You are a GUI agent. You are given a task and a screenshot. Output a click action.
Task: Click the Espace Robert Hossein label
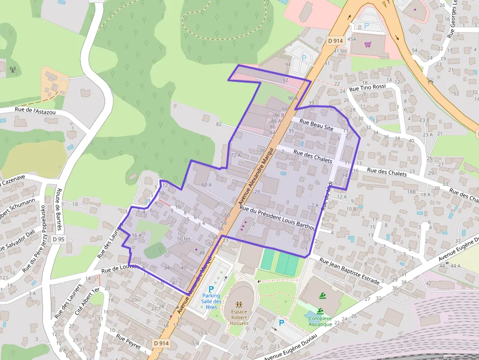pyautogui.click(x=239, y=317)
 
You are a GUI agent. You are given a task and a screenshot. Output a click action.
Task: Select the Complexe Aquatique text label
pyautogui.click(x=320, y=321)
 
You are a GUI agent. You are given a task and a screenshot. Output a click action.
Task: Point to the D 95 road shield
pyautogui.click(x=59, y=239)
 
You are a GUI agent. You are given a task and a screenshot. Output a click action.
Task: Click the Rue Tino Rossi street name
pyautogui.click(x=368, y=87)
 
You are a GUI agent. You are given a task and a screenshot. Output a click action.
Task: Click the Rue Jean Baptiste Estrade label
pyautogui.click(x=349, y=271)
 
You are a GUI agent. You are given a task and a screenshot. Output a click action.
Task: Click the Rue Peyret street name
pyautogui.click(x=128, y=341)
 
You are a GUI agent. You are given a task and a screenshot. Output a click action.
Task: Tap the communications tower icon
pyautogui.click(x=13, y=69)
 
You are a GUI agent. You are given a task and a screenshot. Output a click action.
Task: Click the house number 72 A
pyautogui.click(x=236, y=155)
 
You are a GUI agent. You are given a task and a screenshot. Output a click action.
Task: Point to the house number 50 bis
pyautogui.click(x=183, y=238)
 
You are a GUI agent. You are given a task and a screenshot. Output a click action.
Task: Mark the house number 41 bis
pyautogui.click(x=340, y=51)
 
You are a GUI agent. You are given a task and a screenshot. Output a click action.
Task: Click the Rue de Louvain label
pyautogui.click(x=121, y=268)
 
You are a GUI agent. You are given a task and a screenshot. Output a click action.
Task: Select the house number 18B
pyautogui.click(x=412, y=192)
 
